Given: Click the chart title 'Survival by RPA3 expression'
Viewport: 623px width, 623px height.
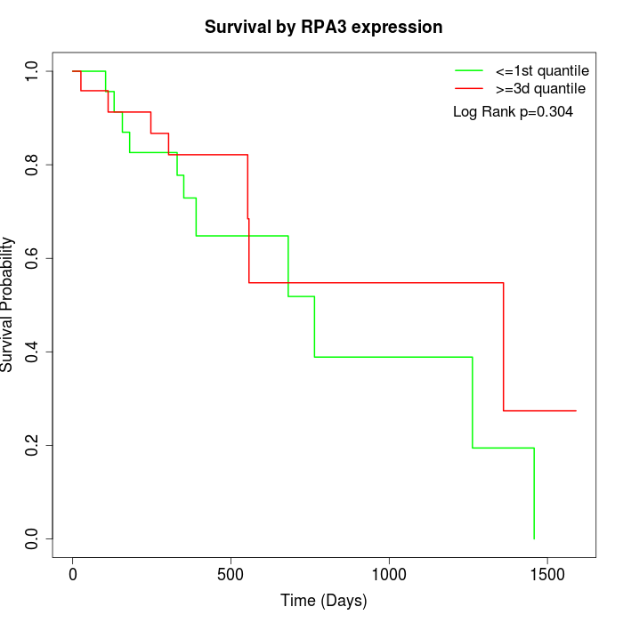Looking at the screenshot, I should pyautogui.click(x=323, y=27).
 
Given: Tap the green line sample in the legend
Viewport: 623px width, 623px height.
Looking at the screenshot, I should pyautogui.click(x=469, y=70).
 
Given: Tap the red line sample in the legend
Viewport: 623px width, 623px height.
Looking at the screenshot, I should pyautogui.click(x=469, y=88).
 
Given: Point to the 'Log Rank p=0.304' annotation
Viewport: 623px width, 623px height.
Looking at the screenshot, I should pyautogui.click(x=513, y=112).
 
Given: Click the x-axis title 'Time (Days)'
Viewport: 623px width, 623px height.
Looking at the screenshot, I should pyautogui.click(x=323, y=601).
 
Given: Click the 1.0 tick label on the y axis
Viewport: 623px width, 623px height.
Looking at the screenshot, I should pyautogui.click(x=32, y=71).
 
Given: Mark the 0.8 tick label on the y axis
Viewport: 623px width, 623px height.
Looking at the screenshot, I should pyautogui.click(x=32, y=165).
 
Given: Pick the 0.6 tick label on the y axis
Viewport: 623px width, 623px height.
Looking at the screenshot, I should pyautogui.click(x=32, y=258).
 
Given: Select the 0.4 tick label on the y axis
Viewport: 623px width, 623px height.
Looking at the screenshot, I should pyautogui.click(x=32, y=352).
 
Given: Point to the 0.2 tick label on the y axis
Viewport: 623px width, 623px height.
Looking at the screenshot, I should pyautogui.click(x=32, y=445).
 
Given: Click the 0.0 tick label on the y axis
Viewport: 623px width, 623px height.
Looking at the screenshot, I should pyautogui.click(x=32, y=538).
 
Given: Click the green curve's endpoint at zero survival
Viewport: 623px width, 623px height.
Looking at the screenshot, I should pyautogui.click(x=534, y=538).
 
